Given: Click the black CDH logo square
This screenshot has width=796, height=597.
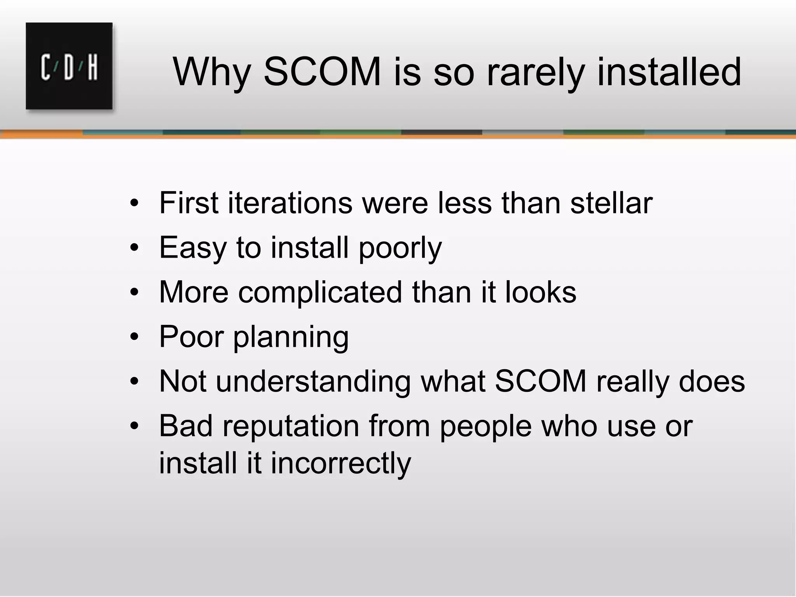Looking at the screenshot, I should click(69, 66).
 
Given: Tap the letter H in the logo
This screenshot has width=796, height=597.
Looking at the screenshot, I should click(93, 68).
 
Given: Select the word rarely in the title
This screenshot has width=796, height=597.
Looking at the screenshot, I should click(535, 73).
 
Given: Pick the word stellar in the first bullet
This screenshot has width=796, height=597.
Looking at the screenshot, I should click(611, 203).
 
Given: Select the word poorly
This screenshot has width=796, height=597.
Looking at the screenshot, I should click(400, 248).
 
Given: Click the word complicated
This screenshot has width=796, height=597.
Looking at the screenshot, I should click(320, 292).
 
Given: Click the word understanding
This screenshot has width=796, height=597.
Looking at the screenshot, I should click(313, 381).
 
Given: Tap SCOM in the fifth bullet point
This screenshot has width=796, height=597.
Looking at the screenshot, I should click(540, 381).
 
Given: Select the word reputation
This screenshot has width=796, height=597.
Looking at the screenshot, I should click(291, 426).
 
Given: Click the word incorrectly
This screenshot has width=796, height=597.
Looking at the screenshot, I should click(340, 463).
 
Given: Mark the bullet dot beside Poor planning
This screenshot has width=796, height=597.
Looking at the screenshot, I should click(134, 337).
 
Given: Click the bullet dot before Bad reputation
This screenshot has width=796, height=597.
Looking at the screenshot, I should click(134, 426).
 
